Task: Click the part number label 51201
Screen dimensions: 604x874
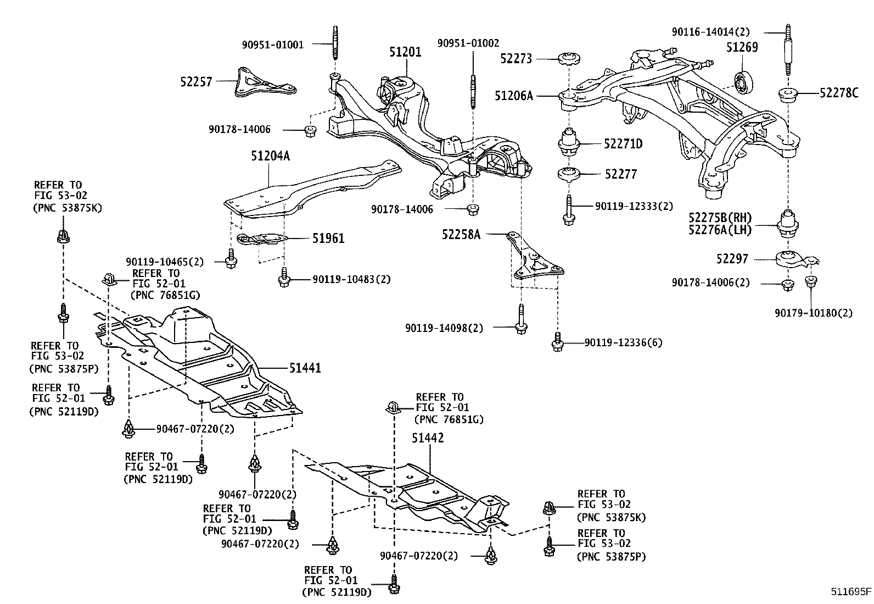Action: [x=405, y=52]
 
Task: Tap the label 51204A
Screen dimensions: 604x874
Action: [x=270, y=156]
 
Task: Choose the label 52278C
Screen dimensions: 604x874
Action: [x=839, y=93]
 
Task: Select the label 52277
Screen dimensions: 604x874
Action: [x=620, y=174]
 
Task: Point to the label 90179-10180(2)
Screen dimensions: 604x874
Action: [x=814, y=313]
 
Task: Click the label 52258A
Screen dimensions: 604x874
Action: [x=461, y=235]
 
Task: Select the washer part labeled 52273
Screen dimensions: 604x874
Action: [x=569, y=58]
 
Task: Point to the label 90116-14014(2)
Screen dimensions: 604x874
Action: [x=710, y=32]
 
